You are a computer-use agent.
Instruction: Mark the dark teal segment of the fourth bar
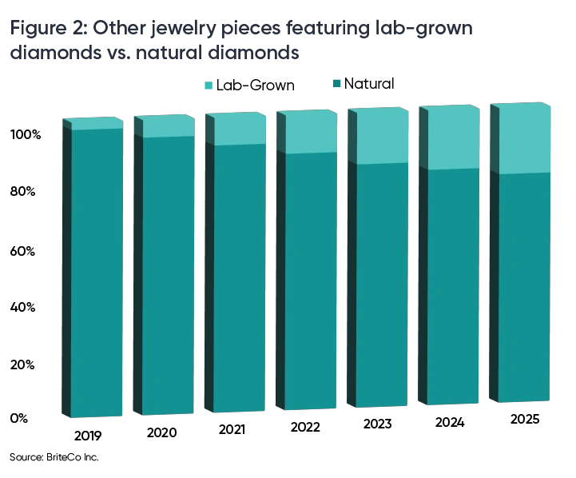coord(307,280)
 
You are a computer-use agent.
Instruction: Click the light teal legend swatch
coord(209,83)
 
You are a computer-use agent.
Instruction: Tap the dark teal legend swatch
coord(339,83)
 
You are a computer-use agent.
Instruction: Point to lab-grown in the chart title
coord(431,30)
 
